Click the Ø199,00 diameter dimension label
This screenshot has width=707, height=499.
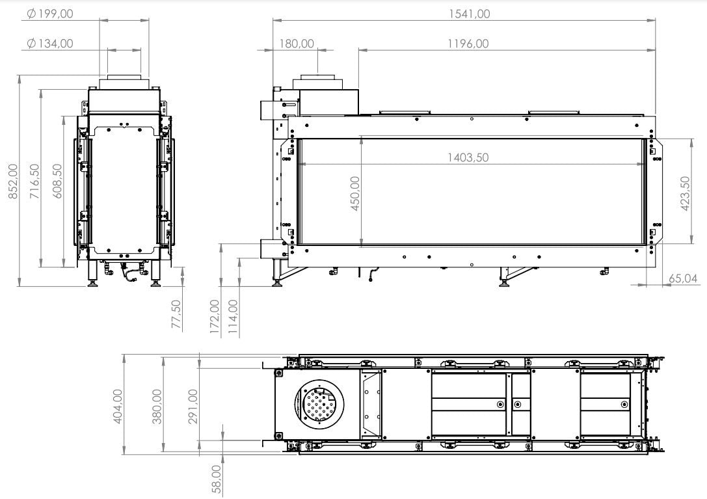tap(50, 14)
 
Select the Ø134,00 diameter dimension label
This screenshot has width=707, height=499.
tap(50, 44)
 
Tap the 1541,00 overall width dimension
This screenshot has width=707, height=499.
tap(469, 14)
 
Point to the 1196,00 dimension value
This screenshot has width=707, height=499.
tap(468, 44)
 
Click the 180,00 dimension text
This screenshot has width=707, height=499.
tap(297, 44)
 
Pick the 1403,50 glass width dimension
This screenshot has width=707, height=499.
tap(468, 157)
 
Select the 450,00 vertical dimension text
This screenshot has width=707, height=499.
tap(355, 194)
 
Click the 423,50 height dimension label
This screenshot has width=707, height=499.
tap(685, 194)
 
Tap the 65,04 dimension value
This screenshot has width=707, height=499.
tap(683, 278)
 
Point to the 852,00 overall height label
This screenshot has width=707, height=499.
tap(14, 181)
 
